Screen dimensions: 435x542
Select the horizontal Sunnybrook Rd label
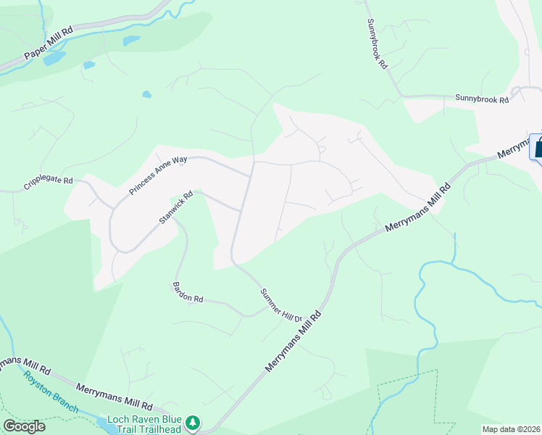pos(482,99)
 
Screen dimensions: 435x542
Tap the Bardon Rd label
pos(188,293)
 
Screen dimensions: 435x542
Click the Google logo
pos(24,426)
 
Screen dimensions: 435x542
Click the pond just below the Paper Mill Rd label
pos(54,59)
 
